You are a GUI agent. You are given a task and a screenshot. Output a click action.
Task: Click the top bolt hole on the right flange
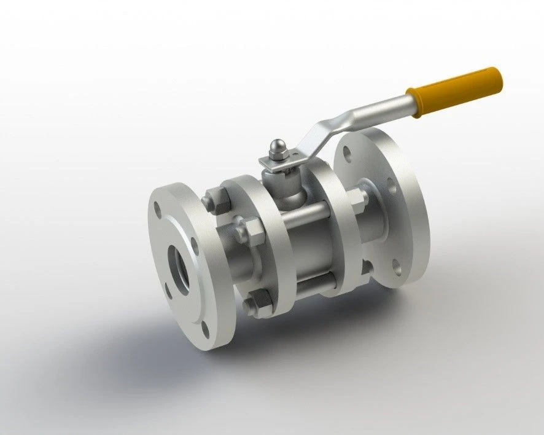(348, 151)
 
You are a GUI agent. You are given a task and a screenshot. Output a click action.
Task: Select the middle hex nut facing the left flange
(245, 232)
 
